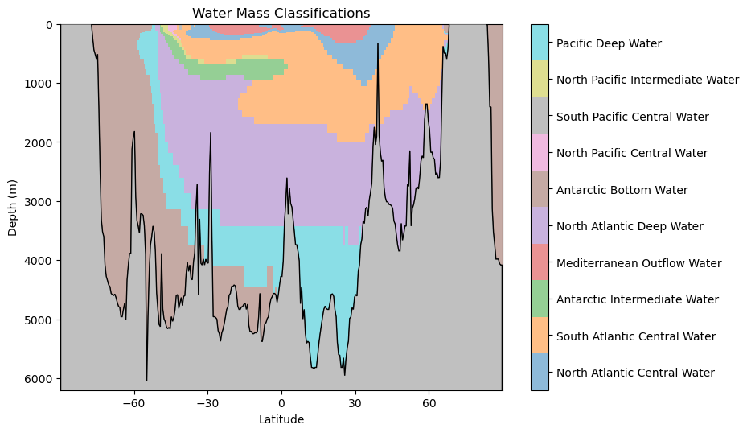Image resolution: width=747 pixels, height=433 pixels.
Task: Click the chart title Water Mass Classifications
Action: (x=281, y=14)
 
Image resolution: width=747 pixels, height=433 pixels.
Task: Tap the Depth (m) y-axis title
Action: (x=13, y=208)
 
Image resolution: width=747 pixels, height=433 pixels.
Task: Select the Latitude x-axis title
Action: (x=281, y=419)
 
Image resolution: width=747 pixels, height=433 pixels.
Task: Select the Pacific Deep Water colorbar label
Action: (x=609, y=43)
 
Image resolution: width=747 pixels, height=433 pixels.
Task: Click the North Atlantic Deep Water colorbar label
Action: (x=630, y=227)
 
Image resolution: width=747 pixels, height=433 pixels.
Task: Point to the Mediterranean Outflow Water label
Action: (x=638, y=263)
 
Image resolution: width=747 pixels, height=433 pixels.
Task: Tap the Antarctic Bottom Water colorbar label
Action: (x=622, y=190)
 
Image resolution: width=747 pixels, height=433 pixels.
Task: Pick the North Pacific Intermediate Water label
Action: (x=647, y=80)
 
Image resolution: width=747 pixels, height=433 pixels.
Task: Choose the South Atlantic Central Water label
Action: (x=635, y=336)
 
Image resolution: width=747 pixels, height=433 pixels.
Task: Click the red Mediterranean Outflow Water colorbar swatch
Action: (x=540, y=262)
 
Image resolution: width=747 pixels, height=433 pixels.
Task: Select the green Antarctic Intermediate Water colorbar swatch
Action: (x=540, y=299)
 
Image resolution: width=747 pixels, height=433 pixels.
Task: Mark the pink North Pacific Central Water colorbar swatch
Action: (x=540, y=153)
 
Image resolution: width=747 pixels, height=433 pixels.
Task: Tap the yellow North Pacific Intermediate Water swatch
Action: (x=540, y=80)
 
